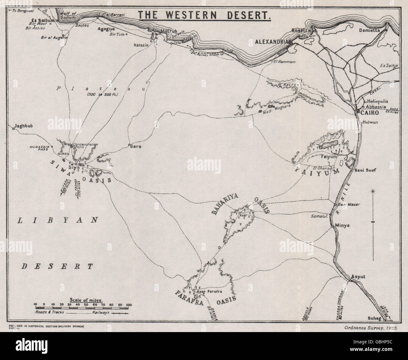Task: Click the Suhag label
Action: coord(373,318)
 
